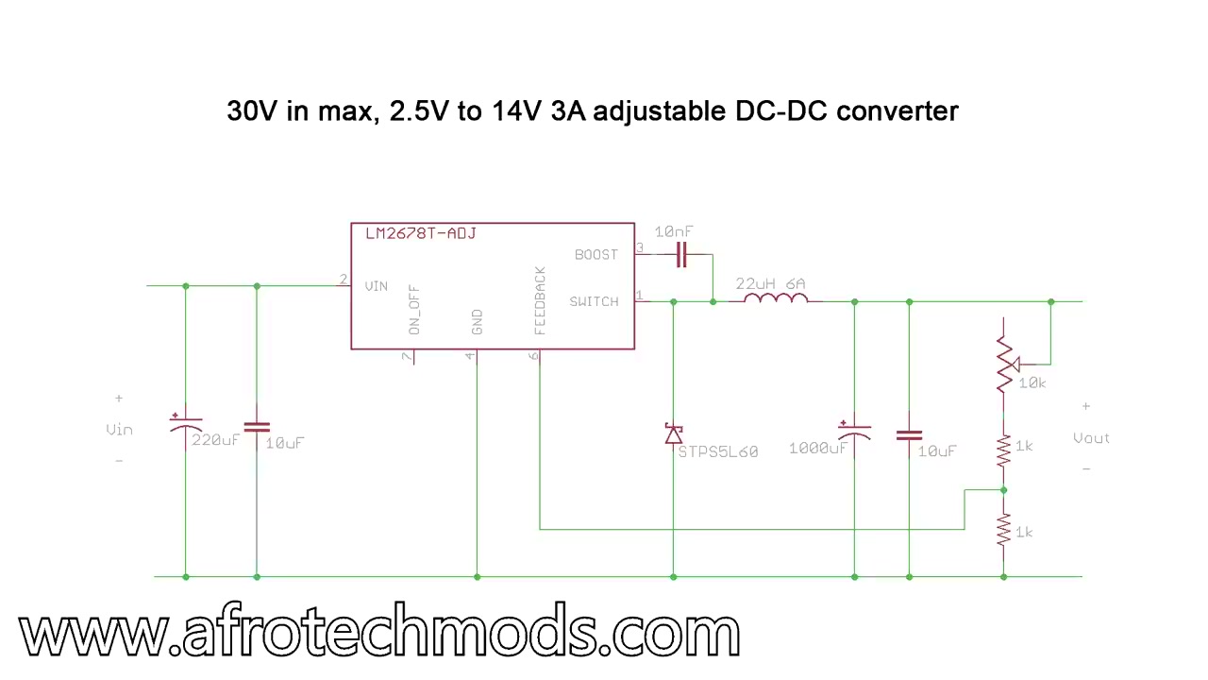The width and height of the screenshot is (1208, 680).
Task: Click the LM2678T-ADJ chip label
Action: point(421,233)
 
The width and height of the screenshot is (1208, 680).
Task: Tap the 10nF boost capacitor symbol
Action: point(681,255)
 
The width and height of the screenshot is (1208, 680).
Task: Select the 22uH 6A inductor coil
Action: point(776,297)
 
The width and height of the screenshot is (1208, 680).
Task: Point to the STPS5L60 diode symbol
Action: point(674,433)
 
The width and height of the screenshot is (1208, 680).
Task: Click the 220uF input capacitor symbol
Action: point(186,425)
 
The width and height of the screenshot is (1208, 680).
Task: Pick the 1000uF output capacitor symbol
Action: point(854,432)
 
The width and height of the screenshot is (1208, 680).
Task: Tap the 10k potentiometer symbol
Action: point(1006,365)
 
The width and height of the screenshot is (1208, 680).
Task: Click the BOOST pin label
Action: point(596,255)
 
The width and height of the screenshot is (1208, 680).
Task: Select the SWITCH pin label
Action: point(595,301)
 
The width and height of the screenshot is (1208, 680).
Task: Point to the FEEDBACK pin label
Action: point(540,300)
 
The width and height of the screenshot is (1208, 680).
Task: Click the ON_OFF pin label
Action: point(414,310)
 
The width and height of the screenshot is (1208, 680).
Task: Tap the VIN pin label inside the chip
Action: point(377,286)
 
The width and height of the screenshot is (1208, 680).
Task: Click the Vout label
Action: point(1092,438)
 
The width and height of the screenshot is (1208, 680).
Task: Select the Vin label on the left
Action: point(119,430)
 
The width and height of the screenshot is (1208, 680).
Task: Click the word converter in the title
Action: point(898,111)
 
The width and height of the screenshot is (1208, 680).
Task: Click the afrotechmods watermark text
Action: point(379,629)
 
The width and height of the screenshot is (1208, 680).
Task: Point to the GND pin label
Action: point(477,322)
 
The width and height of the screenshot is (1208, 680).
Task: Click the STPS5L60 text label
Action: point(718,451)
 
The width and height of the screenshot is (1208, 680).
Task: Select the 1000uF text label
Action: point(818,449)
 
